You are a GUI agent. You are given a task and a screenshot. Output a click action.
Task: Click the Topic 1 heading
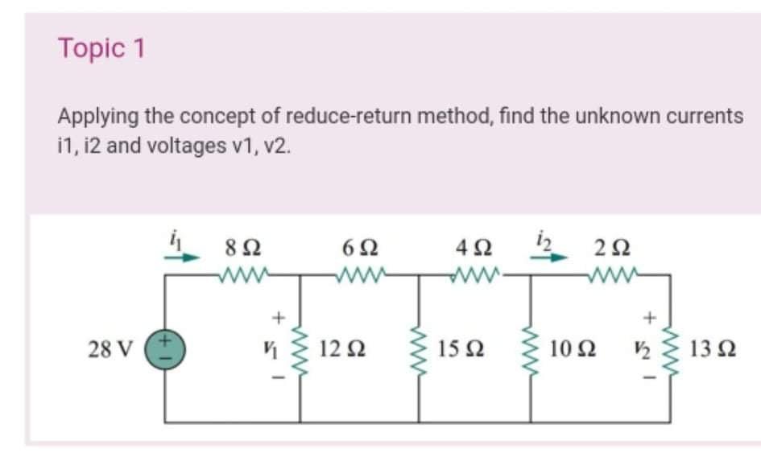coord(101,49)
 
